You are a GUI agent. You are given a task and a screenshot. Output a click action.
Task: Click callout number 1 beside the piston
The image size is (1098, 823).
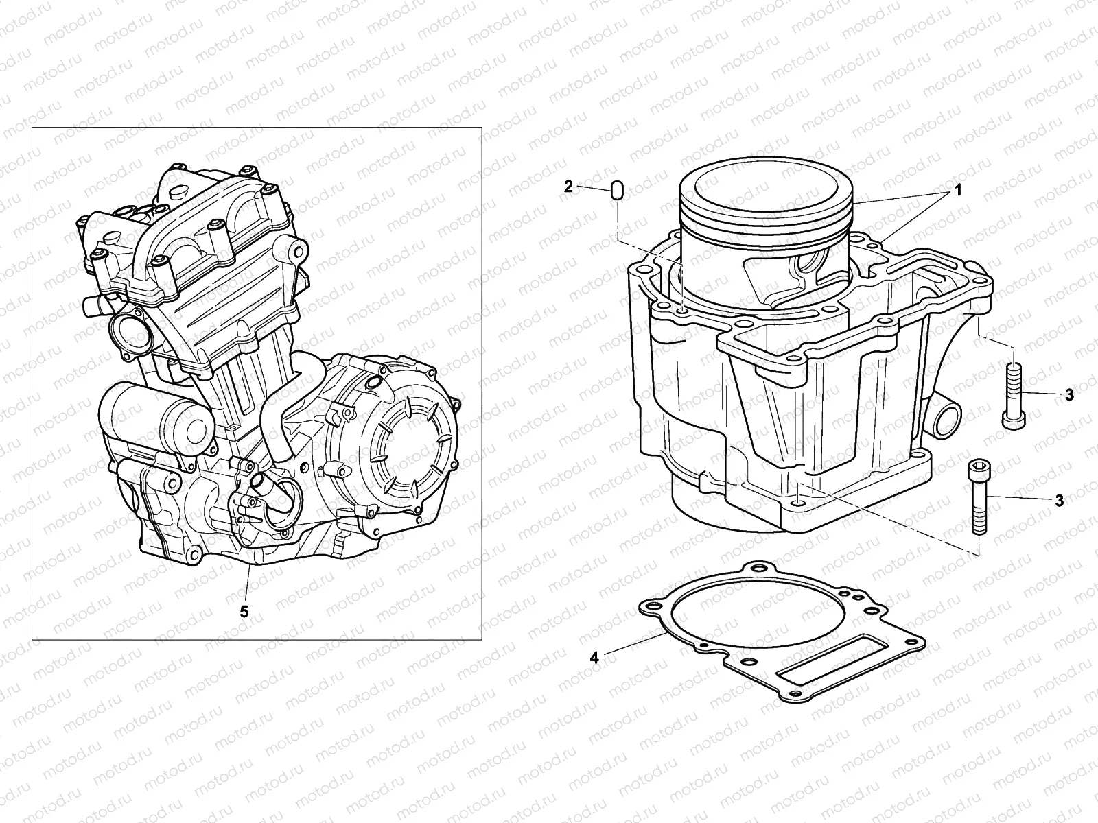(x=958, y=191)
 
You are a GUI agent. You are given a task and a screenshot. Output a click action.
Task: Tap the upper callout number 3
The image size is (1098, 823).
(x=1069, y=395)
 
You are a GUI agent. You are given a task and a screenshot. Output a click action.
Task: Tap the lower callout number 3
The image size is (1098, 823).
(x=1059, y=501)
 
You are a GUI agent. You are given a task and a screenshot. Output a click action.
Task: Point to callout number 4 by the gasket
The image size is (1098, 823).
(x=595, y=657)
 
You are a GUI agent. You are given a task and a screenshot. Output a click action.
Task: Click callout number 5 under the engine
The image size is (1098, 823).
(x=244, y=610)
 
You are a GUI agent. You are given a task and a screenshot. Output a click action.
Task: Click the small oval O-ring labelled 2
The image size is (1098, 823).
(x=616, y=191)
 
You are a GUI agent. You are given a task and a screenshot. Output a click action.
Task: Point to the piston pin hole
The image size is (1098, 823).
(x=813, y=264)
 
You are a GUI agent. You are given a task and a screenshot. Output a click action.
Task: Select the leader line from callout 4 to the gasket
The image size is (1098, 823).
(x=631, y=645)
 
